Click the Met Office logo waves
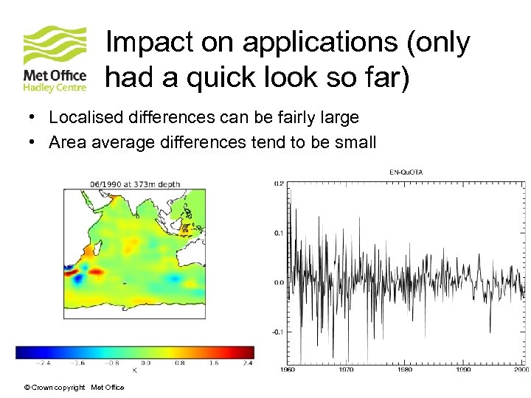pyautogui.click(x=55, y=46)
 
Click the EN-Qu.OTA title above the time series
pyautogui.click(x=406, y=172)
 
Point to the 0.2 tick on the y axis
pyautogui.click(x=280, y=183)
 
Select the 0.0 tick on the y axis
pyautogui.click(x=280, y=282)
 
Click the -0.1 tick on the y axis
pyautogui.click(x=278, y=332)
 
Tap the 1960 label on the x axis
pyautogui.click(x=288, y=369)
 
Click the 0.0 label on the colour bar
pyautogui.click(x=147, y=363)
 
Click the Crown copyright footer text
pyautogui.click(x=74, y=388)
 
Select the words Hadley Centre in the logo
pyautogui.click(x=55, y=87)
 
